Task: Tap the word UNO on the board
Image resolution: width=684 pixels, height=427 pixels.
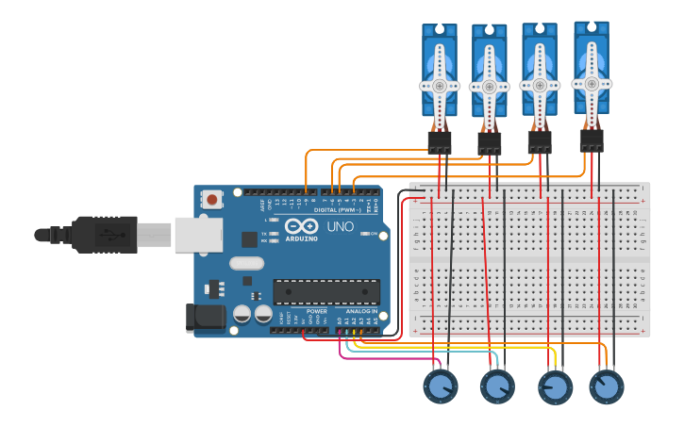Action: pyautogui.click(x=340, y=227)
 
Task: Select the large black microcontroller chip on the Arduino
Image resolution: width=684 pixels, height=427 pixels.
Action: pyautogui.click(x=326, y=291)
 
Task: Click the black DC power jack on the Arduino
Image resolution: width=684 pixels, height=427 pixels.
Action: pyautogui.click(x=207, y=318)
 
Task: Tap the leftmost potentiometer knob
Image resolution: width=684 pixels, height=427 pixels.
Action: pyautogui.click(x=440, y=386)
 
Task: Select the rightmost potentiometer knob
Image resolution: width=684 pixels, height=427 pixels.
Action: pyautogui.click(x=607, y=386)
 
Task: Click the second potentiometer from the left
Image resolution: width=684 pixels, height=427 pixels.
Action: pyautogui.click(x=497, y=386)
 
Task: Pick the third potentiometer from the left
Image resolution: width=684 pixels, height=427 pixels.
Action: pyautogui.click(x=555, y=386)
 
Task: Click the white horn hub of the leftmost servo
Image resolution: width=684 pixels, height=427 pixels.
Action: pyautogui.click(x=440, y=85)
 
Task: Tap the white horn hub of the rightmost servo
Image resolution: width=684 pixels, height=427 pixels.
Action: pyautogui.click(x=592, y=83)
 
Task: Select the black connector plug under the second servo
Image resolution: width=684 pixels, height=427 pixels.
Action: pyautogui.click(x=489, y=143)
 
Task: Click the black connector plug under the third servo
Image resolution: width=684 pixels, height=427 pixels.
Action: pyautogui.click(x=539, y=141)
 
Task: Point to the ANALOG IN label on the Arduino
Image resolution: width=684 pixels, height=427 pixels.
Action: pyautogui.click(x=361, y=310)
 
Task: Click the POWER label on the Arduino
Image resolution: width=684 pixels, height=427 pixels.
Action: pyautogui.click(x=317, y=310)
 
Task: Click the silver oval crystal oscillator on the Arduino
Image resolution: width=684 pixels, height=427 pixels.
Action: pyautogui.click(x=246, y=264)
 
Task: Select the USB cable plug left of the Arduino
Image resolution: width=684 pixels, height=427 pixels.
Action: pyautogui.click(x=94, y=234)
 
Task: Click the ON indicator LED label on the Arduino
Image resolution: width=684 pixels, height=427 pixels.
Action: pyautogui.click(x=374, y=234)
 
